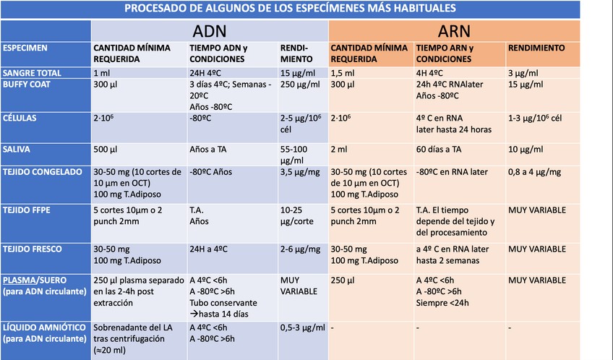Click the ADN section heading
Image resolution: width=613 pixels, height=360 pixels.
[x=209, y=31]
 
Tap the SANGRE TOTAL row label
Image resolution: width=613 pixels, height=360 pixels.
[x=32, y=73]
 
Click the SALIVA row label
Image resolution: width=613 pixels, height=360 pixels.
[x=18, y=150]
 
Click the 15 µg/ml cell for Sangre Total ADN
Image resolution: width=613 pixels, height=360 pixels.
[x=300, y=73]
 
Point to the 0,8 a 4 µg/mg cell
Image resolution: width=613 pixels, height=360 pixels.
[x=535, y=172]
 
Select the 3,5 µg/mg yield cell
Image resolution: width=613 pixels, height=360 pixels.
[x=300, y=172]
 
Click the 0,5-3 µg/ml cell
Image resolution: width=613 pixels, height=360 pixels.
[x=302, y=327]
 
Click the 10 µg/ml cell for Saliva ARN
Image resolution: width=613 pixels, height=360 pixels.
[x=526, y=150]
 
